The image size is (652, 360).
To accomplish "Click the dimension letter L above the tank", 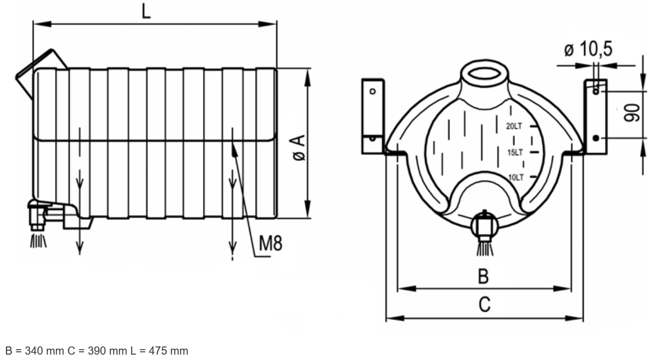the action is (x=146, y=12).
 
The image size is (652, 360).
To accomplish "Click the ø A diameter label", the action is (x=299, y=148).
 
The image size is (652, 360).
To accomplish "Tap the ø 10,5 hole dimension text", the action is (x=588, y=49).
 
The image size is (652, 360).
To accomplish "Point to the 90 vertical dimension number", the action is (x=632, y=113).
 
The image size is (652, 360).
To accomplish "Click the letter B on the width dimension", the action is (x=484, y=276).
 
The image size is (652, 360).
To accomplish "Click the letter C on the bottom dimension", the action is (x=484, y=304).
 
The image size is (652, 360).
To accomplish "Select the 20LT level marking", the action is (x=514, y=126).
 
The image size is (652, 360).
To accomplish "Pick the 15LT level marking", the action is (x=515, y=153).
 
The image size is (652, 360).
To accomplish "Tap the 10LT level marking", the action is (x=516, y=177).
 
